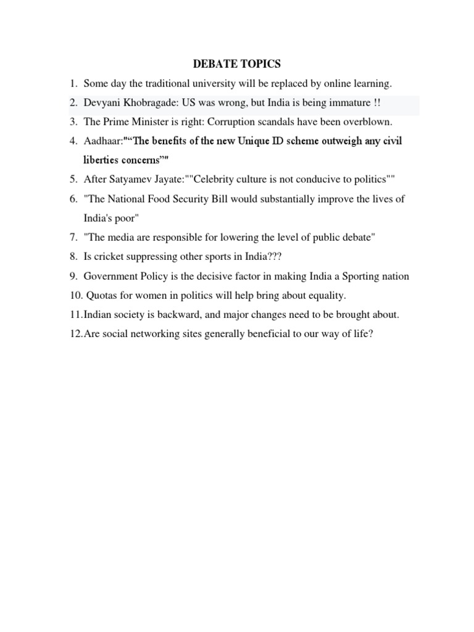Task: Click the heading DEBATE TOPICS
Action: click(237, 64)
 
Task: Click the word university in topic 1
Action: click(219, 83)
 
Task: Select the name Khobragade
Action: click(157, 102)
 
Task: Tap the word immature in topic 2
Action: click(347, 102)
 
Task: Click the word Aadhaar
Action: click(102, 141)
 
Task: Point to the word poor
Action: click(125, 218)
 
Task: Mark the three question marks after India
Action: click(273, 257)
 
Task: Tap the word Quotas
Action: click(101, 295)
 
